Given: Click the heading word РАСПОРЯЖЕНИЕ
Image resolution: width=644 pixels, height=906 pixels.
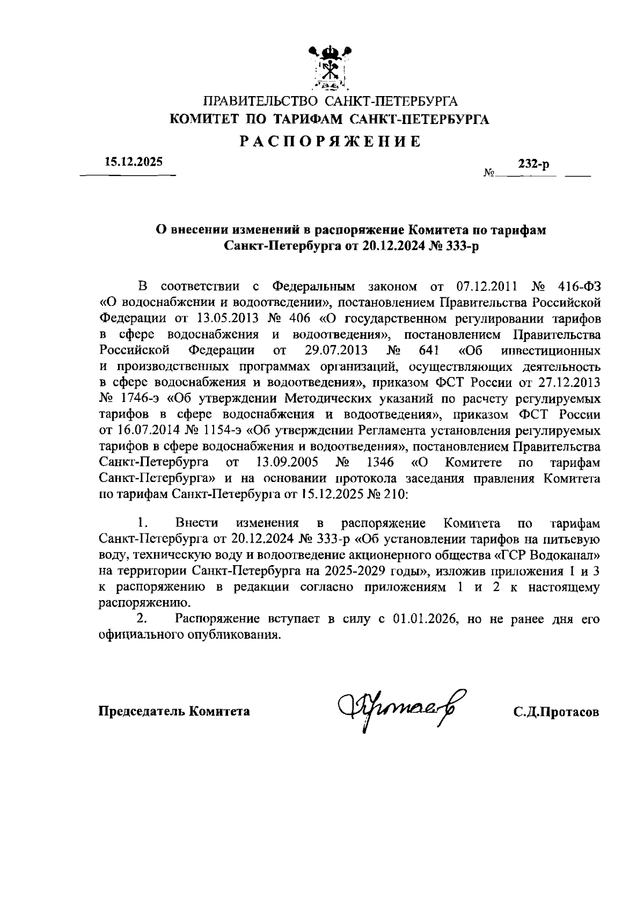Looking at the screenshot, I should (x=330, y=142).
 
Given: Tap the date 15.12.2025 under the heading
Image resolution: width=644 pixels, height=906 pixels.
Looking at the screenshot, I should (x=133, y=162).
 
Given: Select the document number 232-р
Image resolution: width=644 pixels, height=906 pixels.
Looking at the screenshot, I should (x=533, y=165).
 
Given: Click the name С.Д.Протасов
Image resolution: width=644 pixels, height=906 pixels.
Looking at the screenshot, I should (x=556, y=712).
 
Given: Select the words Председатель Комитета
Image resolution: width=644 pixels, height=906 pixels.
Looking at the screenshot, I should (x=174, y=712).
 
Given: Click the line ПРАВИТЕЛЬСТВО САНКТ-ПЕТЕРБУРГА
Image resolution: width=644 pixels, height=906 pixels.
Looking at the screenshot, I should (x=330, y=101).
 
